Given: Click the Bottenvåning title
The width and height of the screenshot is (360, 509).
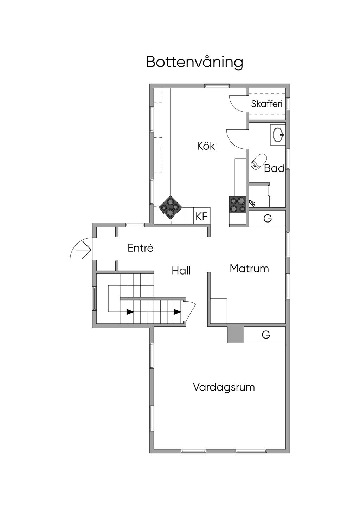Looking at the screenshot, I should pos(194,62).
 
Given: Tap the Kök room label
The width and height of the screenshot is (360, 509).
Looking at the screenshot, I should pos(206,146).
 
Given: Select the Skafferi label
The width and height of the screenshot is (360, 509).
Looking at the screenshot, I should pos(267,104).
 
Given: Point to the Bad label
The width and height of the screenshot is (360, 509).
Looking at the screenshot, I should pos(274,168).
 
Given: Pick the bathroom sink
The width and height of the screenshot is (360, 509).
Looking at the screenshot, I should pos(278,134).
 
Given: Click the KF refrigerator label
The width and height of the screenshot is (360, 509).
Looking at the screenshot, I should pos(201,216).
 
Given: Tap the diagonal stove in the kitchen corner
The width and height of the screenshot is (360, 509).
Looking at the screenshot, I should pos(171,207).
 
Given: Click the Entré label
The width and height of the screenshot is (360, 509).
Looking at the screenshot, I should pos(140,248).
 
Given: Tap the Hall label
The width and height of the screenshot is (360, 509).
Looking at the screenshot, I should pos(181,271).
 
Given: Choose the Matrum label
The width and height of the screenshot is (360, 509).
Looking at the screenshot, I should pos(249,269).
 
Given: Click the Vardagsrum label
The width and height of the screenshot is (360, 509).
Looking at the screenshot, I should pos(224,387).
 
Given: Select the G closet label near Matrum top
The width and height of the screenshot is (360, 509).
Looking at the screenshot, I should pos(268,219).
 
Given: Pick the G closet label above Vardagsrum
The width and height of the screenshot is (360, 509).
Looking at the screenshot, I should pos(266,335).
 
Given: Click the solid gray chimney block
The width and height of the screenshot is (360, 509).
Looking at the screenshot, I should pos(236,335).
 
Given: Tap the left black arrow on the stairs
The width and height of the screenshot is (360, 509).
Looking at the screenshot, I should pos(130,311).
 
